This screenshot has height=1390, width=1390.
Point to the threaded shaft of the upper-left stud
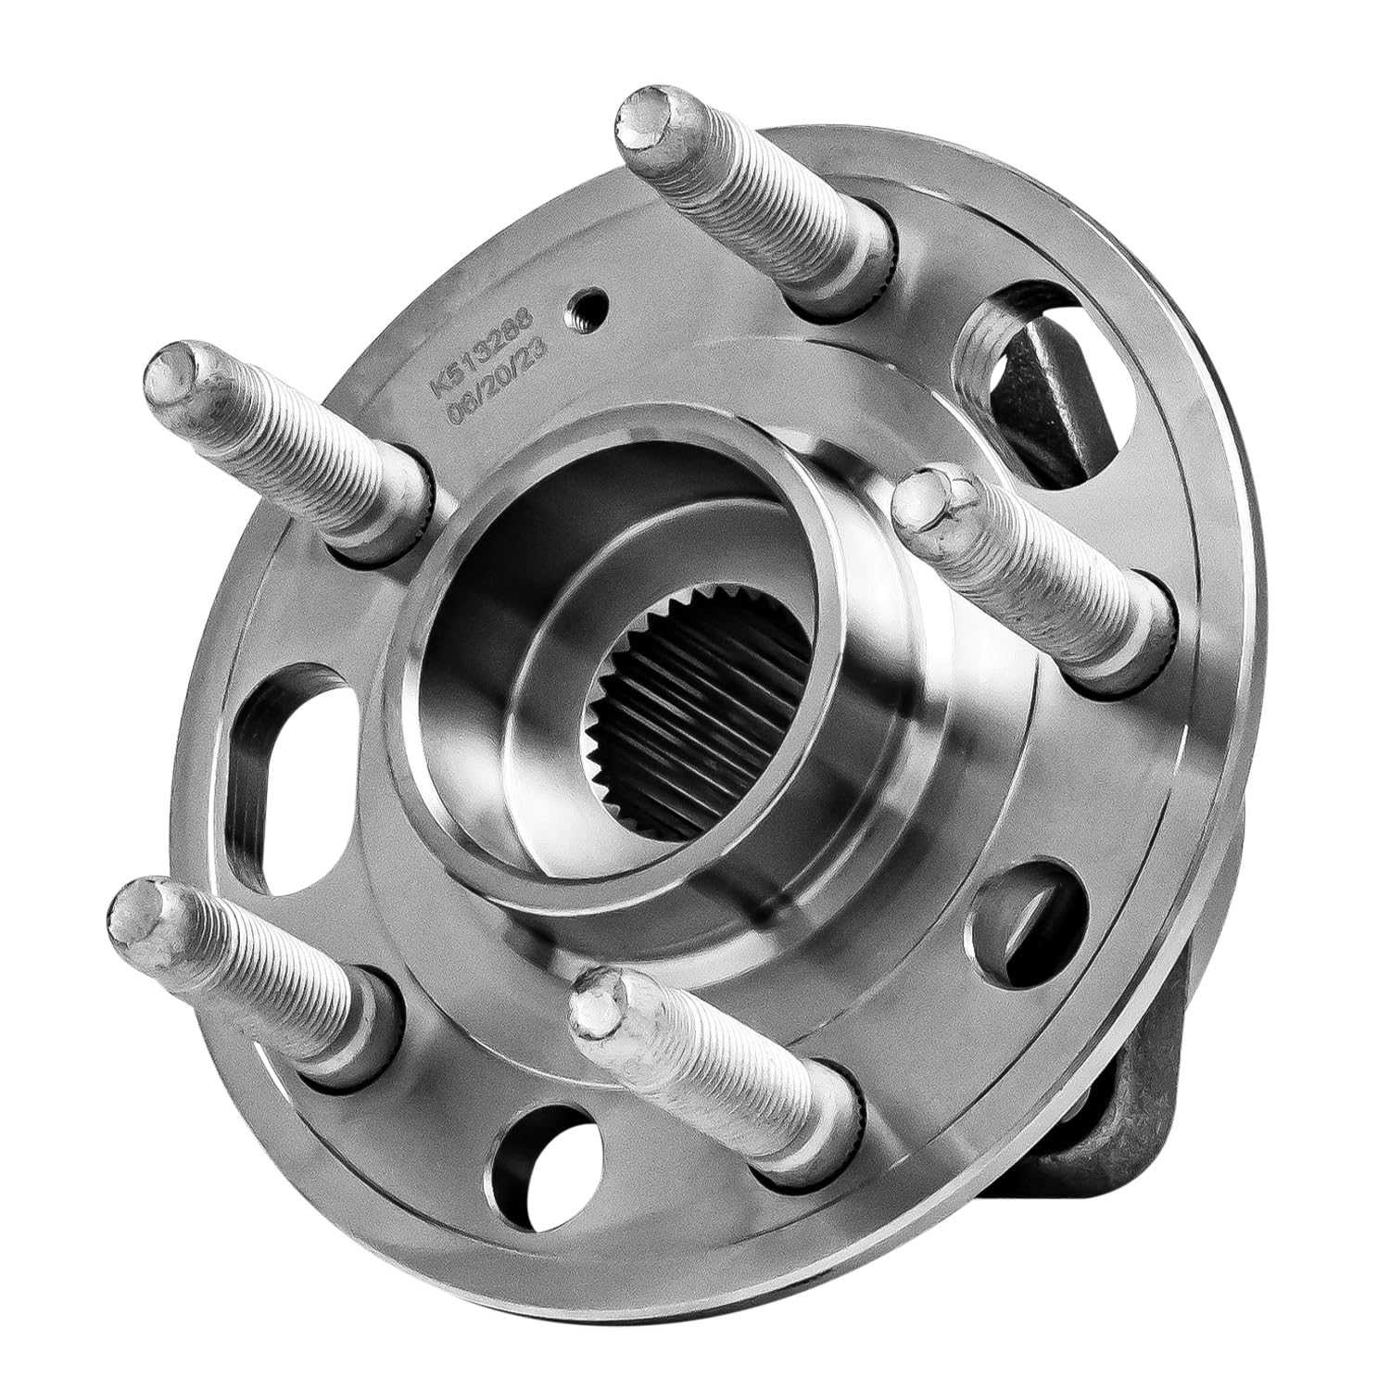pos(306,454)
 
